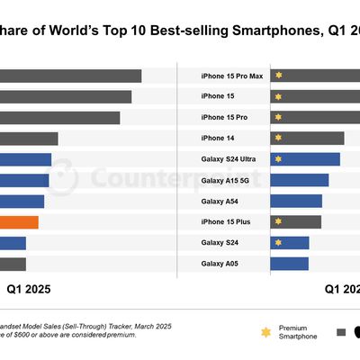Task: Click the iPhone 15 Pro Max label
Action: pos(231,76)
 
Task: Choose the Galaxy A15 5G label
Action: pos(225,180)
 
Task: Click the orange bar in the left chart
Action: pos(19,222)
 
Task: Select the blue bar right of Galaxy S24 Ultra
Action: pos(306,159)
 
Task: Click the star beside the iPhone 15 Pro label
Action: pos(279,117)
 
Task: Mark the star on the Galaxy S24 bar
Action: pos(279,243)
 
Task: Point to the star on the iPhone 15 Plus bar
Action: pos(279,222)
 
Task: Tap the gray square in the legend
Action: pos(341,331)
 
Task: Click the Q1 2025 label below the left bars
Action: pos(29,290)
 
